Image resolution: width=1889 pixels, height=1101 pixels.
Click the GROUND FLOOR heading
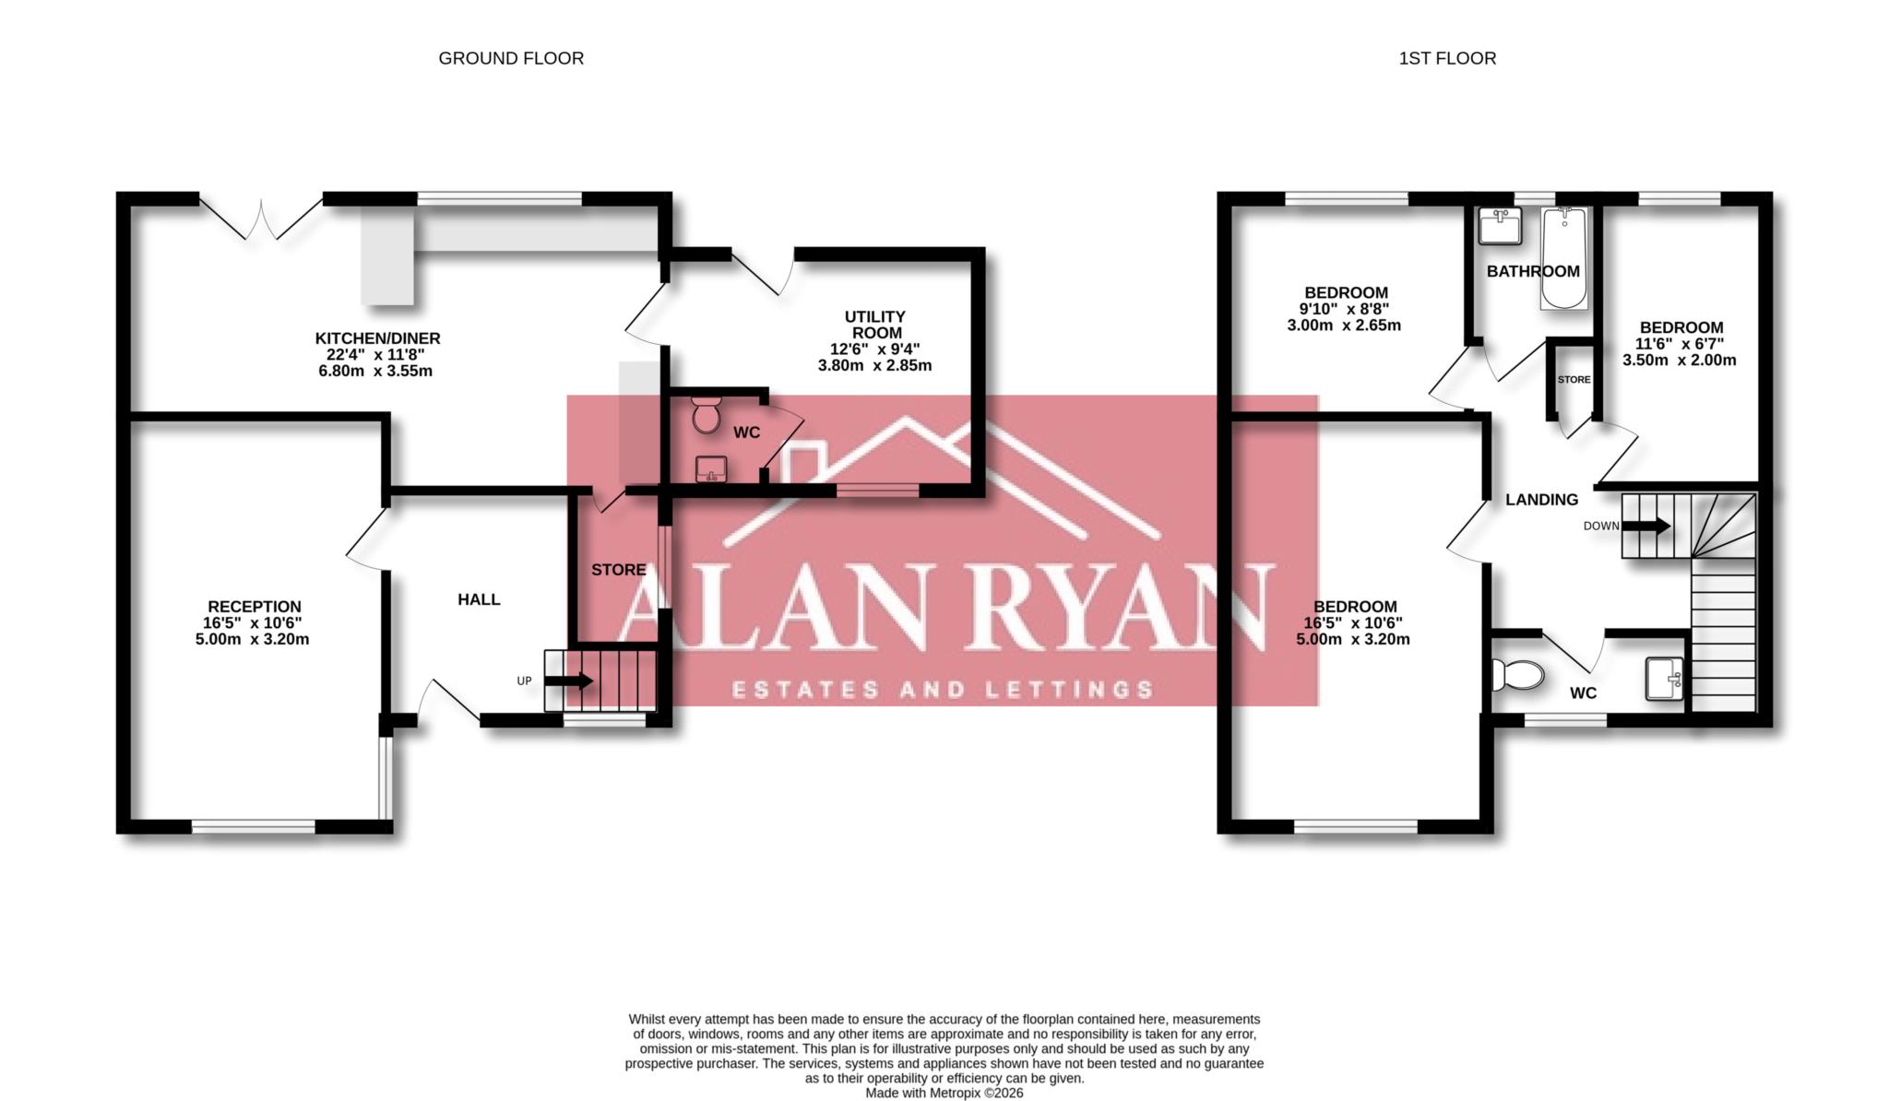click(x=511, y=58)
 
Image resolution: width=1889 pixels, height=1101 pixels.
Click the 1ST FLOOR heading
click(x=1447, y=58)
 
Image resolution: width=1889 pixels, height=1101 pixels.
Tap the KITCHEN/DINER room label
click(x=377, y=338)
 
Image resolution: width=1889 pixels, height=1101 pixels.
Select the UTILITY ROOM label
click(x=874, y=325)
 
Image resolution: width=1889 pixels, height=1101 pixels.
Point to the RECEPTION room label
click(x=254, y=607)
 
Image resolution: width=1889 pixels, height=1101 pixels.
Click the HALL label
click(x=479, y=599)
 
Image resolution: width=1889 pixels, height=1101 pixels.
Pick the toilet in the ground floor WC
click(x=707, y=415)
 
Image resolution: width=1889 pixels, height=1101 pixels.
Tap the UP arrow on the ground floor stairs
click(x=569, y=681)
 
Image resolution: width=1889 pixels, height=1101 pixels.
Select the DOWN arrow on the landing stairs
click(x=1646, y=526)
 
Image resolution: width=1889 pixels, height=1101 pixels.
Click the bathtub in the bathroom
click(x=1564, y=258)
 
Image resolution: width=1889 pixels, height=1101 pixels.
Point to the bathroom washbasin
click(x=1499, y=226)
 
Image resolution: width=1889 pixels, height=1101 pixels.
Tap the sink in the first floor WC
click(x=1666, y=679)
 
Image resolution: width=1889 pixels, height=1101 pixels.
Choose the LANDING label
click(x=1541, y=500)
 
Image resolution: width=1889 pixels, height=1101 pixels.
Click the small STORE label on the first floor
click(x=1574, y=380)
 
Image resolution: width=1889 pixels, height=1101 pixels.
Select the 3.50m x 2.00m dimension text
click(x=1679, y=361)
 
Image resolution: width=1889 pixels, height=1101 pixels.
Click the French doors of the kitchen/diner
click(x=261, y=219)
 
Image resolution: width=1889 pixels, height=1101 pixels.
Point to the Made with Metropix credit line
click(x=944, y=1093)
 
